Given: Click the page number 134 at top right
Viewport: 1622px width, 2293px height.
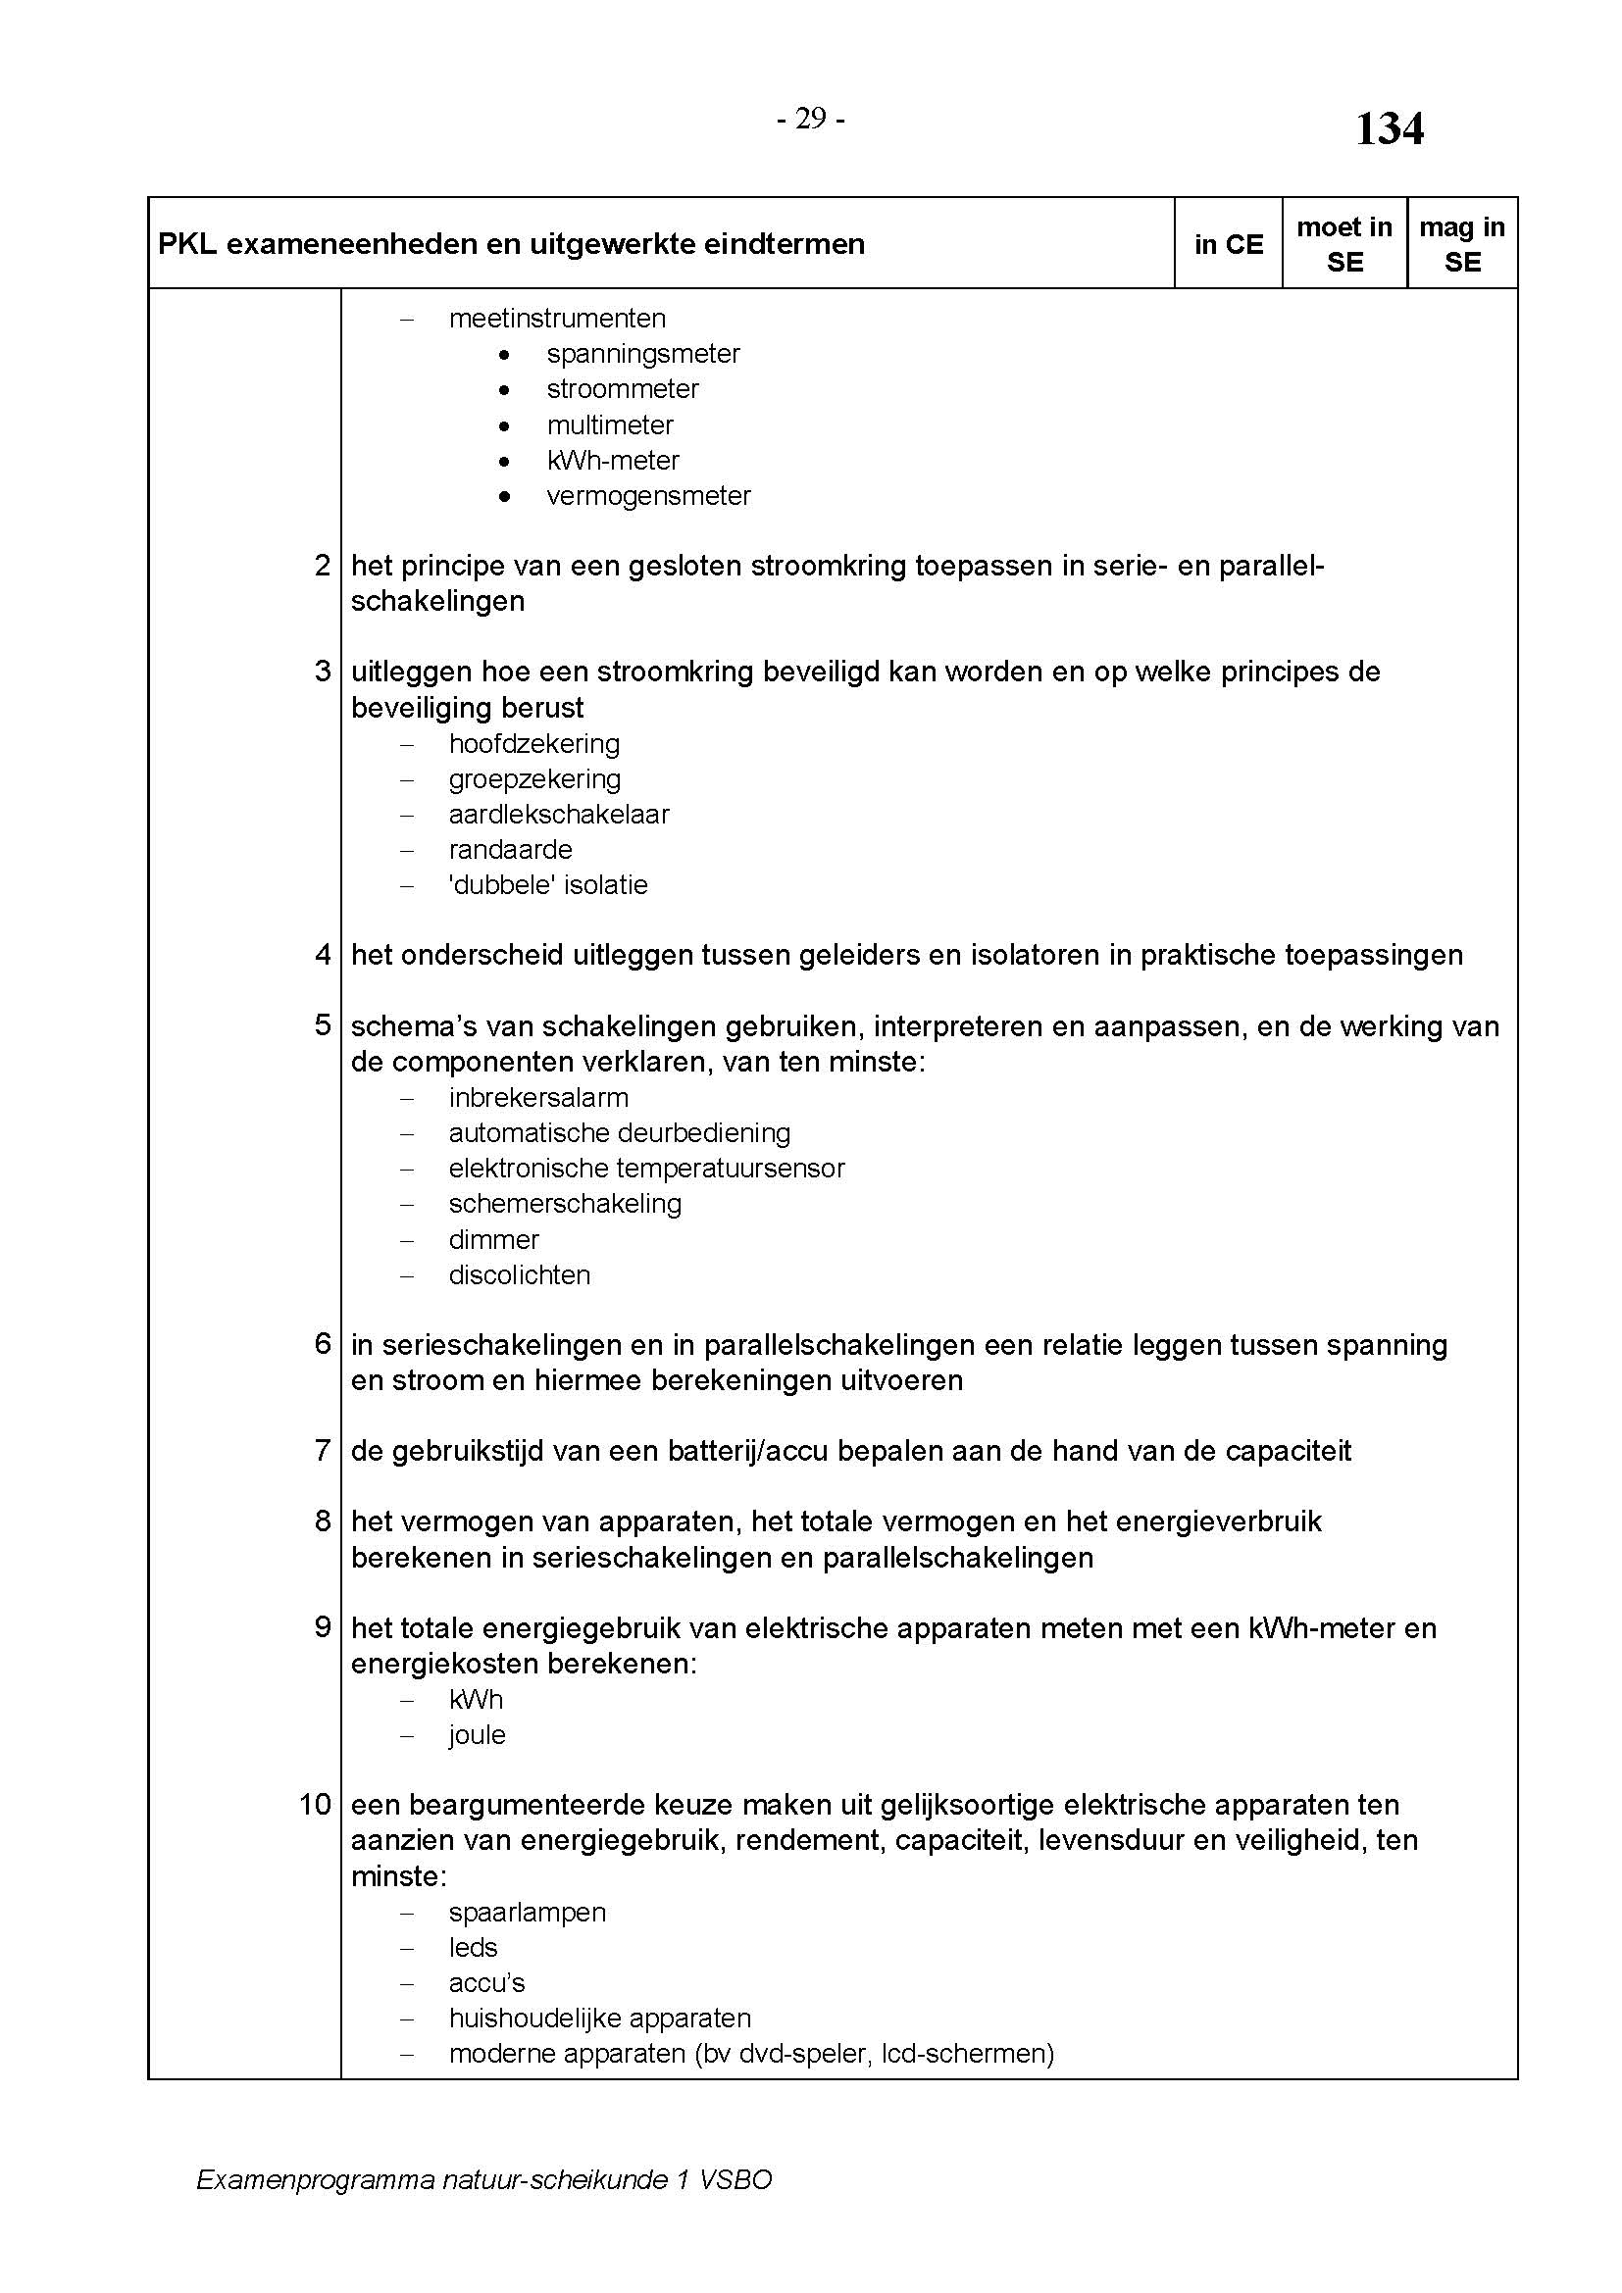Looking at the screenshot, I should (x=1389, y=129).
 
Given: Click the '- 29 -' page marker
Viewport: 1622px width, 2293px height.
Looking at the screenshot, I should (x=811, y=119).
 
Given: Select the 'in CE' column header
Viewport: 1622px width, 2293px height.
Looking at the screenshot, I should (x=1229, y=245).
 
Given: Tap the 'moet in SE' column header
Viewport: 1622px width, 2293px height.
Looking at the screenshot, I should (x=1344, y=245).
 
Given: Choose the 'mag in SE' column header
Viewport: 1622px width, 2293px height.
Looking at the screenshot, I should (x=1462, y=245).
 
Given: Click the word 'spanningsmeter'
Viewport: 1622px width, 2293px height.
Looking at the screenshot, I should (x=643, y=354).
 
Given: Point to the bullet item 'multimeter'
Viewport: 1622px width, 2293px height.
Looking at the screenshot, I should (x=610, y=425).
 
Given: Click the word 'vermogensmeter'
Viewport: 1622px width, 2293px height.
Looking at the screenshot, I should (x=648, y=496).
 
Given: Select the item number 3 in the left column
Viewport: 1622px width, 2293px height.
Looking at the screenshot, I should (x=322, y=673).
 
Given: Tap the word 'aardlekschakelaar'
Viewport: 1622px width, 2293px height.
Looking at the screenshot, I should (x=558, y=815).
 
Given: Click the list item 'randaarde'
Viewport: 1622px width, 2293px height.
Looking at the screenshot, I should (x=510, y=850).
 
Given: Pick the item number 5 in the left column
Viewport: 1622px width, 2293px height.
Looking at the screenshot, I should (x=322, y=1025).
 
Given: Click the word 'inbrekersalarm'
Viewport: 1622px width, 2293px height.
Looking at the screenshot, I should (x=538, y=1099).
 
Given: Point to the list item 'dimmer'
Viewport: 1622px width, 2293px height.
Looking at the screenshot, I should (x=493, y=1240).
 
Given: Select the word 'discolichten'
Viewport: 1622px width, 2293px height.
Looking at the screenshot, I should (x=520, y=1275).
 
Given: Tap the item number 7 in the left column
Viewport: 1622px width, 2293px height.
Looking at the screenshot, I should (x=322, y=1451).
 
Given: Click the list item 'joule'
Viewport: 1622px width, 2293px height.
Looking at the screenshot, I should (x=478, y=1736).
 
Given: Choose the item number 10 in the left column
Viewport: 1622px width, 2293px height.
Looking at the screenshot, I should (x=315, y=1806).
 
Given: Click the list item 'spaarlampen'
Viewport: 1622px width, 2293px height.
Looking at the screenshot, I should (x=528, y=1913).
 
